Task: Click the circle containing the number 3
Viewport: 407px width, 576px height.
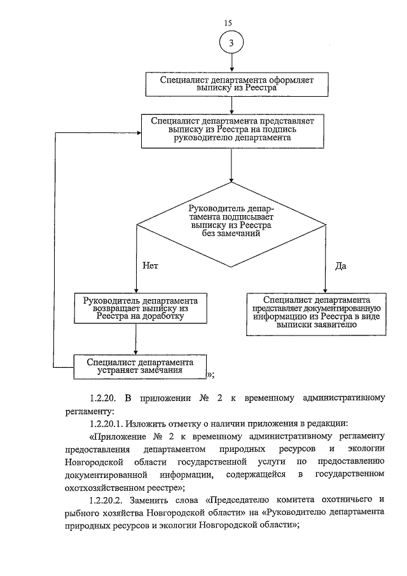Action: click(231, 43)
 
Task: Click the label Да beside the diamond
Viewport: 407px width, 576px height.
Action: click(340, 265)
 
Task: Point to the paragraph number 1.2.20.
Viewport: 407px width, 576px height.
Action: click(102, 399)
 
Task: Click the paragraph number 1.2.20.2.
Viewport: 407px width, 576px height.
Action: click(106, 500)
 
